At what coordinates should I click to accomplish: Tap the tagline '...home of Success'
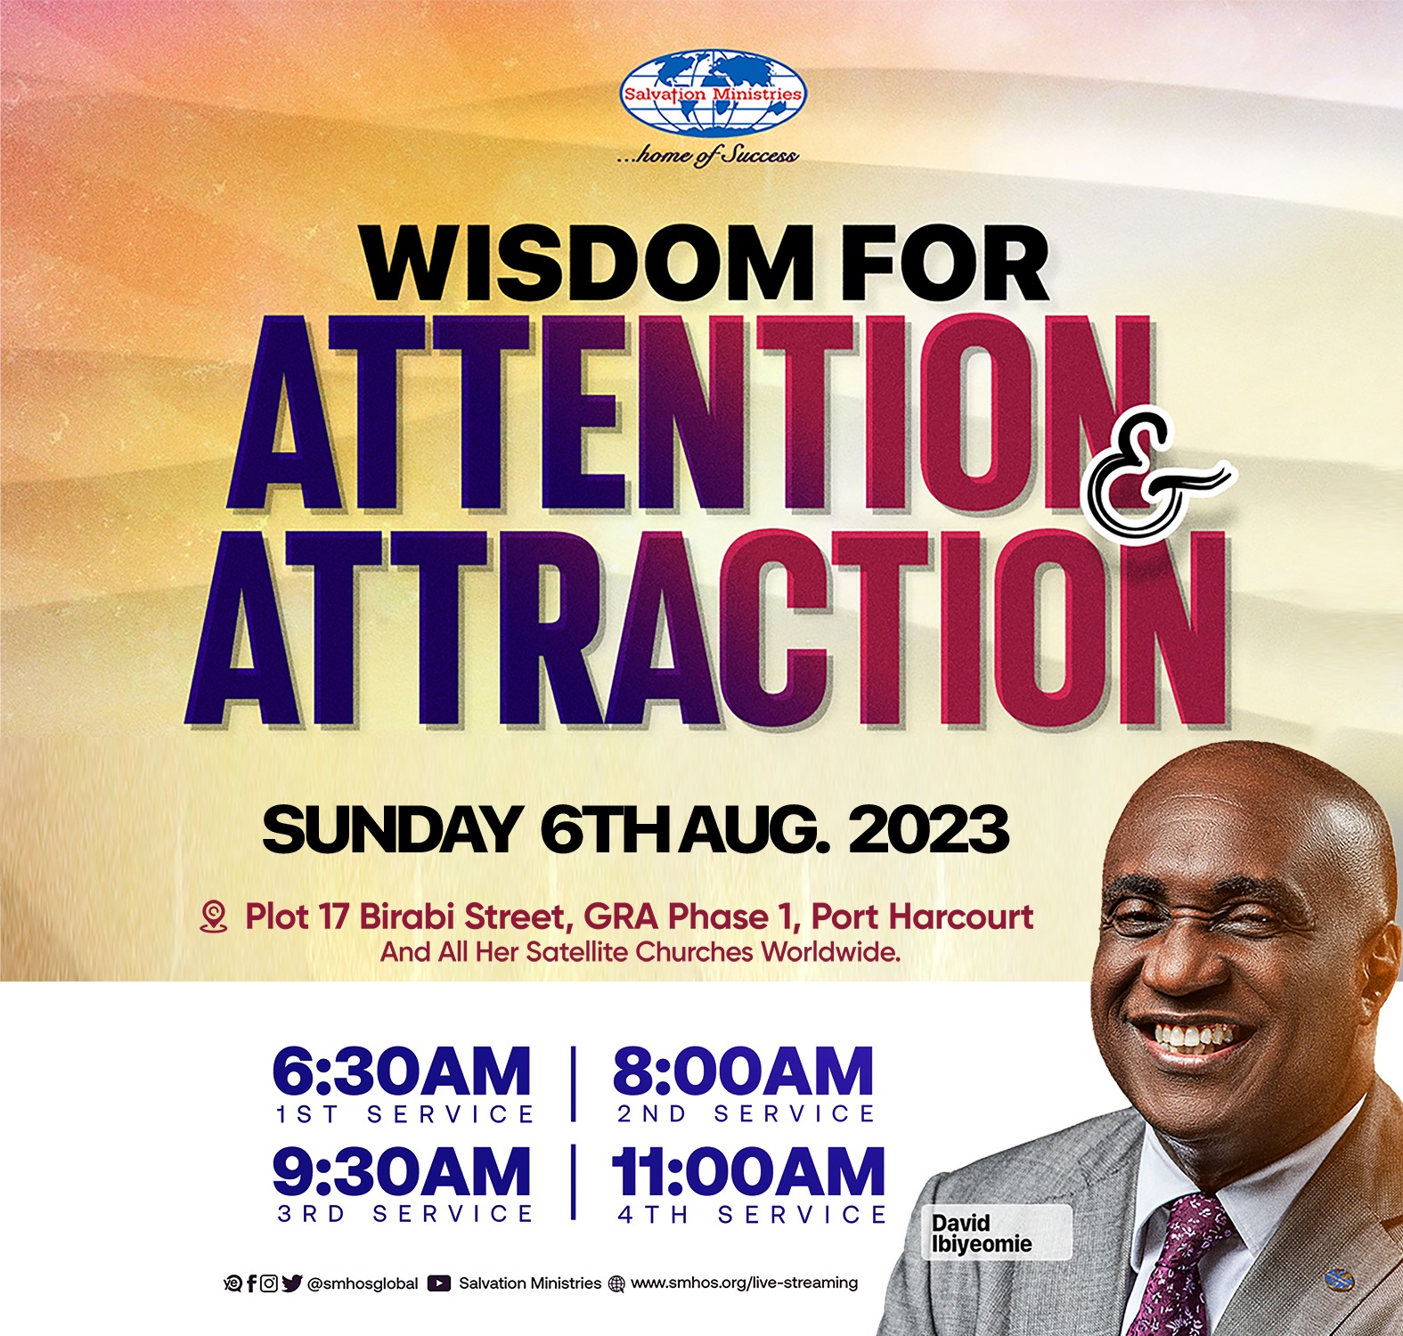[x=707, y=155]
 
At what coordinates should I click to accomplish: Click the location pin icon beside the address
[x=214, y=916]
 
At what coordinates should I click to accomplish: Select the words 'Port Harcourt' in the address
[x=922, y=916]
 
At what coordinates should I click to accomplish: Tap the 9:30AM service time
[x=402, y=1171]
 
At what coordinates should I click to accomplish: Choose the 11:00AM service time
[x=748, y=1171]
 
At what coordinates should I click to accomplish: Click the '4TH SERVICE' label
[x=753, y=1215]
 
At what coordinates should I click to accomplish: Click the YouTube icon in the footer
[x=438, y=1283]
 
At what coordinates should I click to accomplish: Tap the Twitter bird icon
[x=292, y=1283]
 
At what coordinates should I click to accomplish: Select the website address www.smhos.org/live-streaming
[x=745, y=1283]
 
